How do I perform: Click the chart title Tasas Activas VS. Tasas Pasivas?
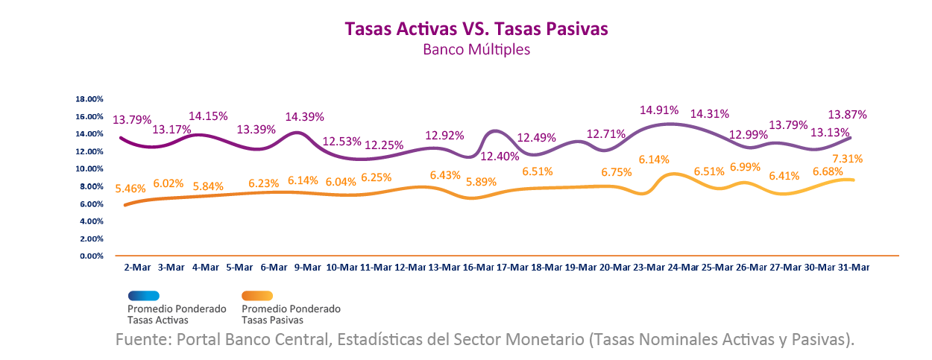pos(476,28)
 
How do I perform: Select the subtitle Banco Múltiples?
pos(476,50)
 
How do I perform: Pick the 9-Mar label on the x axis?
pos(306,267)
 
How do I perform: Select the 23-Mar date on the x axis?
pos(648,267)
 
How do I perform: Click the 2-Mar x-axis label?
pos(136,267)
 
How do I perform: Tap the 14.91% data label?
pos(658,110)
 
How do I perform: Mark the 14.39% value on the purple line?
pos(306,117)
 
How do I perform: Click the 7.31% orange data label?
pos(849,159)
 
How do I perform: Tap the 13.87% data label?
pos(848,115)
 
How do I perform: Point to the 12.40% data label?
pos(500,157)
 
